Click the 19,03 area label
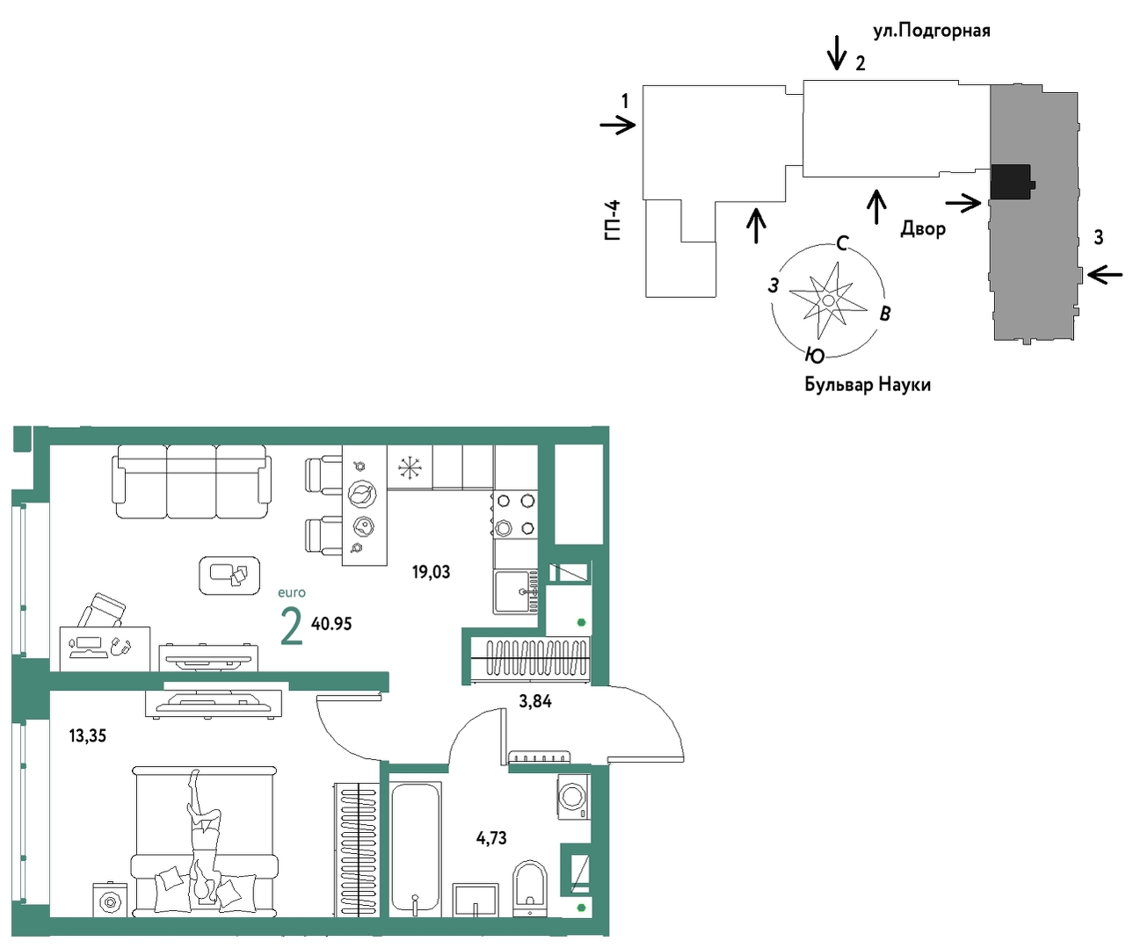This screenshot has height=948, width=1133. (x=431, y=572)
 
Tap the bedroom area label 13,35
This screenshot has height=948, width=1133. (x=87, y=736)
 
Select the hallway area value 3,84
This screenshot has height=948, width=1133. (x=535, y=701)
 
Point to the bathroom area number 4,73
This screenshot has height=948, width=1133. (x=491, y=838)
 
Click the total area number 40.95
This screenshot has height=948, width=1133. (x=331, y=624)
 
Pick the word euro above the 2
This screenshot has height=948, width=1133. (x=292, y=593)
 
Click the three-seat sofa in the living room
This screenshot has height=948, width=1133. (x=192, y=481)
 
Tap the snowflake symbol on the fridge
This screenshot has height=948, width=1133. (x=410, y=468)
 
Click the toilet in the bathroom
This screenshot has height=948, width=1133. (x=529, y=883)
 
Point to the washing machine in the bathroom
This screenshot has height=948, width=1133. (x=574, y=797)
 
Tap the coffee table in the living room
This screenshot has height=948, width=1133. (x=229, y=575)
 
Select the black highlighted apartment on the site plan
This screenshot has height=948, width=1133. (x=1012, y=182)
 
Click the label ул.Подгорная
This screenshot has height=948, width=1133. (x=932, y=32)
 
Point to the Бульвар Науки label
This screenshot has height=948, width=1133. (x=868, y=385)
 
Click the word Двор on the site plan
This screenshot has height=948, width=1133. (x=923, y=228)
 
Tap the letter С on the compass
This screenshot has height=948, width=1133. (x=841, y=243)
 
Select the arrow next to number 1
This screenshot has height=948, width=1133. (x=618, y=126)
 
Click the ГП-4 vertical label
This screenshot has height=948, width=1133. (x=613, y=221)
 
